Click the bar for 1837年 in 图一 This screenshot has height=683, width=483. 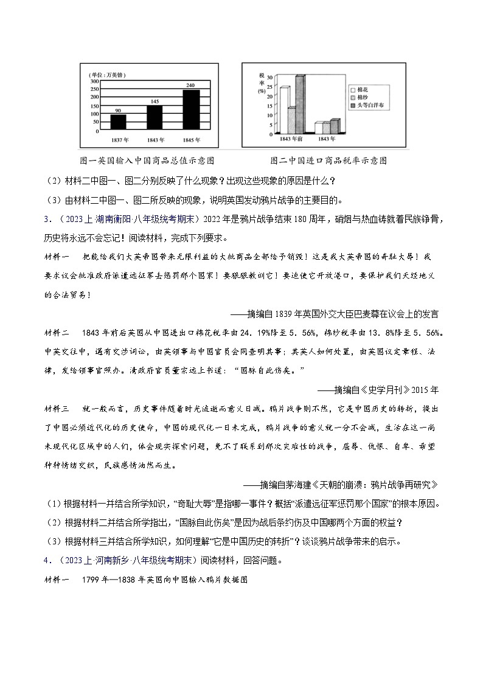(119, 122)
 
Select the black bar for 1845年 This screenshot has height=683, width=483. (191, 109)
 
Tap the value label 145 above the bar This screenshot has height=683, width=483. (155, 101)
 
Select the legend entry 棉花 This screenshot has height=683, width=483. (364, 88)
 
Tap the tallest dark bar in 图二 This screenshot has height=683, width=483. (300, 104)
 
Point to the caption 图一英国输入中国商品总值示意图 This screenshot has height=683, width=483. (147, 161)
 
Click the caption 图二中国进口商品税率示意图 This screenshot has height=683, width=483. (328, 161)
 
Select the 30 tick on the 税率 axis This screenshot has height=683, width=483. (271, 77)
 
